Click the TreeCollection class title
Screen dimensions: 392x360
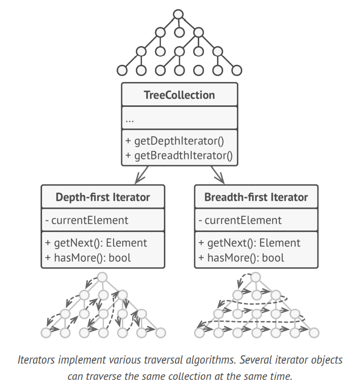point(179,95)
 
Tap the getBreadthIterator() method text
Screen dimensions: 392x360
point(178,155)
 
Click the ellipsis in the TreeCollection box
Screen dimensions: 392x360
point(130,120)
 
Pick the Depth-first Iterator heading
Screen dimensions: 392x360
point(102,197)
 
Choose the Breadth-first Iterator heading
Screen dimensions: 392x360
point(256,197)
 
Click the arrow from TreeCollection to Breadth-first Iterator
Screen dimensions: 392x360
point(219,175)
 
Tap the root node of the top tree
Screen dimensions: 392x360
point(177,14)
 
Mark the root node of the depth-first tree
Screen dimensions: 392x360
point(102,277)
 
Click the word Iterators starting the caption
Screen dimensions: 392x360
point(37,361)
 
